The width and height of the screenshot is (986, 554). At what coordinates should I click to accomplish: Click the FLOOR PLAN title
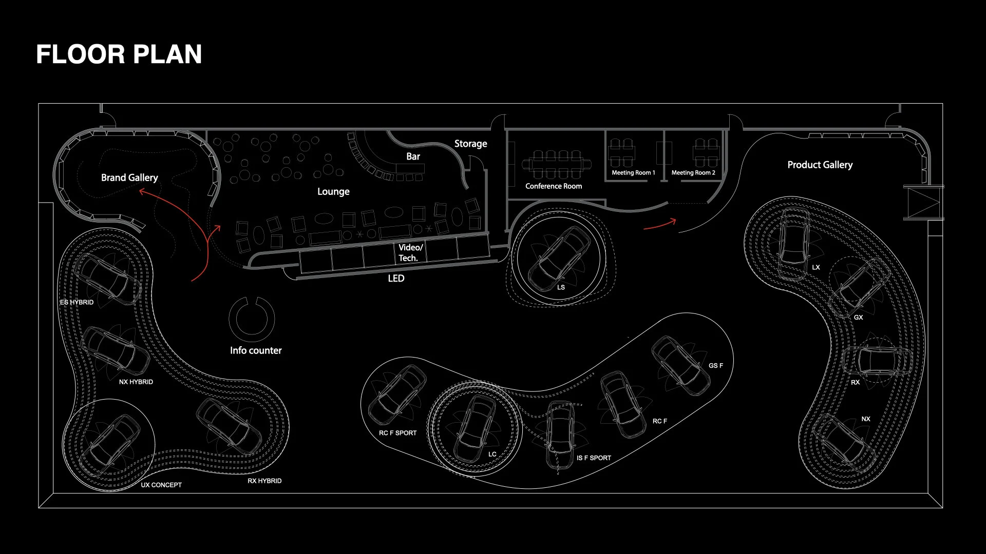tap(119, 54)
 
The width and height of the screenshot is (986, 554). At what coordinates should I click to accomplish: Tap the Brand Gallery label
tap(129, 177)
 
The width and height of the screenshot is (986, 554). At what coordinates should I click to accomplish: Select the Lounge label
tap(333, 191)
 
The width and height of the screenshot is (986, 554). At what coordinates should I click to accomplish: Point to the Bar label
tap(413, 156)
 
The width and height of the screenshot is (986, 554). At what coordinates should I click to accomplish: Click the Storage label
tap(470, 144)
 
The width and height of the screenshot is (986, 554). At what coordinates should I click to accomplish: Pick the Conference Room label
tap(554, 186)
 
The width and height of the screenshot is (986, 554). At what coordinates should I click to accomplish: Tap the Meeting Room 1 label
tap(633, 173)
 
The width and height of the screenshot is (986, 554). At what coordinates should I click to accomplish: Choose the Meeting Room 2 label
tap(693, 173)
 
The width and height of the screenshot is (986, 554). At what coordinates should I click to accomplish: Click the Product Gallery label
tap(820, 165)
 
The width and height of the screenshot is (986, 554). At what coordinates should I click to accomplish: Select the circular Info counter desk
tap(252, 319)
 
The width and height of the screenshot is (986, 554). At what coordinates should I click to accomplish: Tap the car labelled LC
tap(475, 428)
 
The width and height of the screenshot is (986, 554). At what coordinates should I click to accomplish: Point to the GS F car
tap(680, 365)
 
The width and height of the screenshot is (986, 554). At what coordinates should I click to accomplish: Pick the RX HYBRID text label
tap(264, 481)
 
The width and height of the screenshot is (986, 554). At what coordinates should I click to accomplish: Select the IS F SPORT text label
tap(594, 458)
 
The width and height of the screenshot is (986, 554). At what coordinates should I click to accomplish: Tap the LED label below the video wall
tap(396, 278)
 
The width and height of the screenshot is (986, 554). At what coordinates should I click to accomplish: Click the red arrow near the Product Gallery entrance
tap(660, 224)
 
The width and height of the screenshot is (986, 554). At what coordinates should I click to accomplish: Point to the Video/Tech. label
tap(410, 252)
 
